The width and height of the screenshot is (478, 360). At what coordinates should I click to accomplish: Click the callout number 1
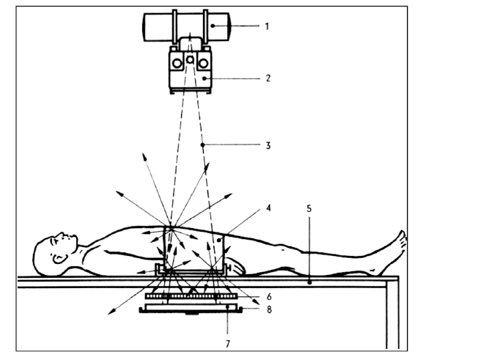tap(267, 26)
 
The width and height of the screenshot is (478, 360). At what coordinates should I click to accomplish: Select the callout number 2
tap(267, 77)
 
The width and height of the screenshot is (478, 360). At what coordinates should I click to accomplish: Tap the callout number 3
tap(268, 145)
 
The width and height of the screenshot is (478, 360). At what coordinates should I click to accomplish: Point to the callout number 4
tap(268, 207)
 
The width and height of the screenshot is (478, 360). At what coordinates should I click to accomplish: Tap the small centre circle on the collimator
tap(189, 59)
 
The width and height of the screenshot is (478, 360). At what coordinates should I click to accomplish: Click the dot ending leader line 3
tap(202, 145)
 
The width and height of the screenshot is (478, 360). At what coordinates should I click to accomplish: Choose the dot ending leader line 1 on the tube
tap(213, 26)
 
